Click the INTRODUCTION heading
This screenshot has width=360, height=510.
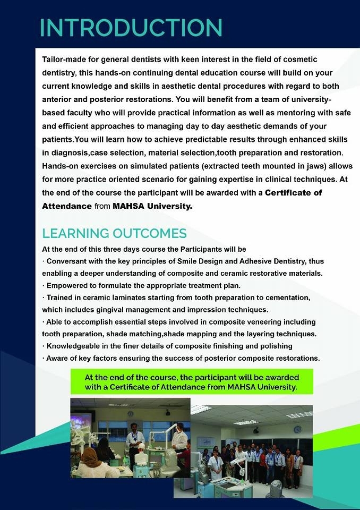point(131,28)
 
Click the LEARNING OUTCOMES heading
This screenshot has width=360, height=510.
point(114,233)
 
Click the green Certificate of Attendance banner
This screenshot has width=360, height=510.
point(191,382)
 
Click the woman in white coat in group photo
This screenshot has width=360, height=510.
point(216,460)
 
